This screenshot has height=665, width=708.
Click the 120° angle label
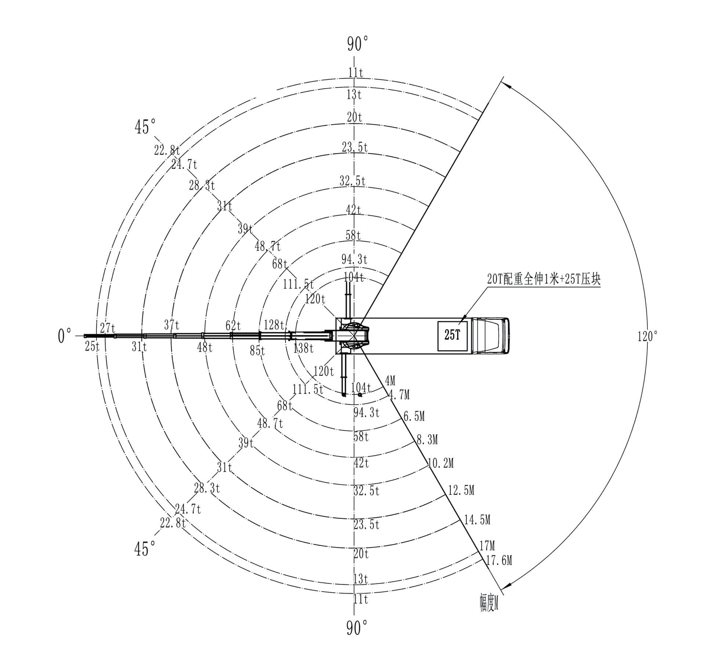click(x=647, y=336)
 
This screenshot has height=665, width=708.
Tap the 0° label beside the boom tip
click(x=65, y=336)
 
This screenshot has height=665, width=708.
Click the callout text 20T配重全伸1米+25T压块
click(x=543, y=279)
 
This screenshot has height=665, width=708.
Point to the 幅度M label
click(x=489, y=603)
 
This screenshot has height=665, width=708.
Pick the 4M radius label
click(x=390, y=381)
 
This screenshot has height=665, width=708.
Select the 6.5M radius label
click(x=414, y=416)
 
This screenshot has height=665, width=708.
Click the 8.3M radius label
click(x=427, y=439)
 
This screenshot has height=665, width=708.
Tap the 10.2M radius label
click(x=441, y=463)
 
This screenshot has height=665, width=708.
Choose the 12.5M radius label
click(x=461, y=490)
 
